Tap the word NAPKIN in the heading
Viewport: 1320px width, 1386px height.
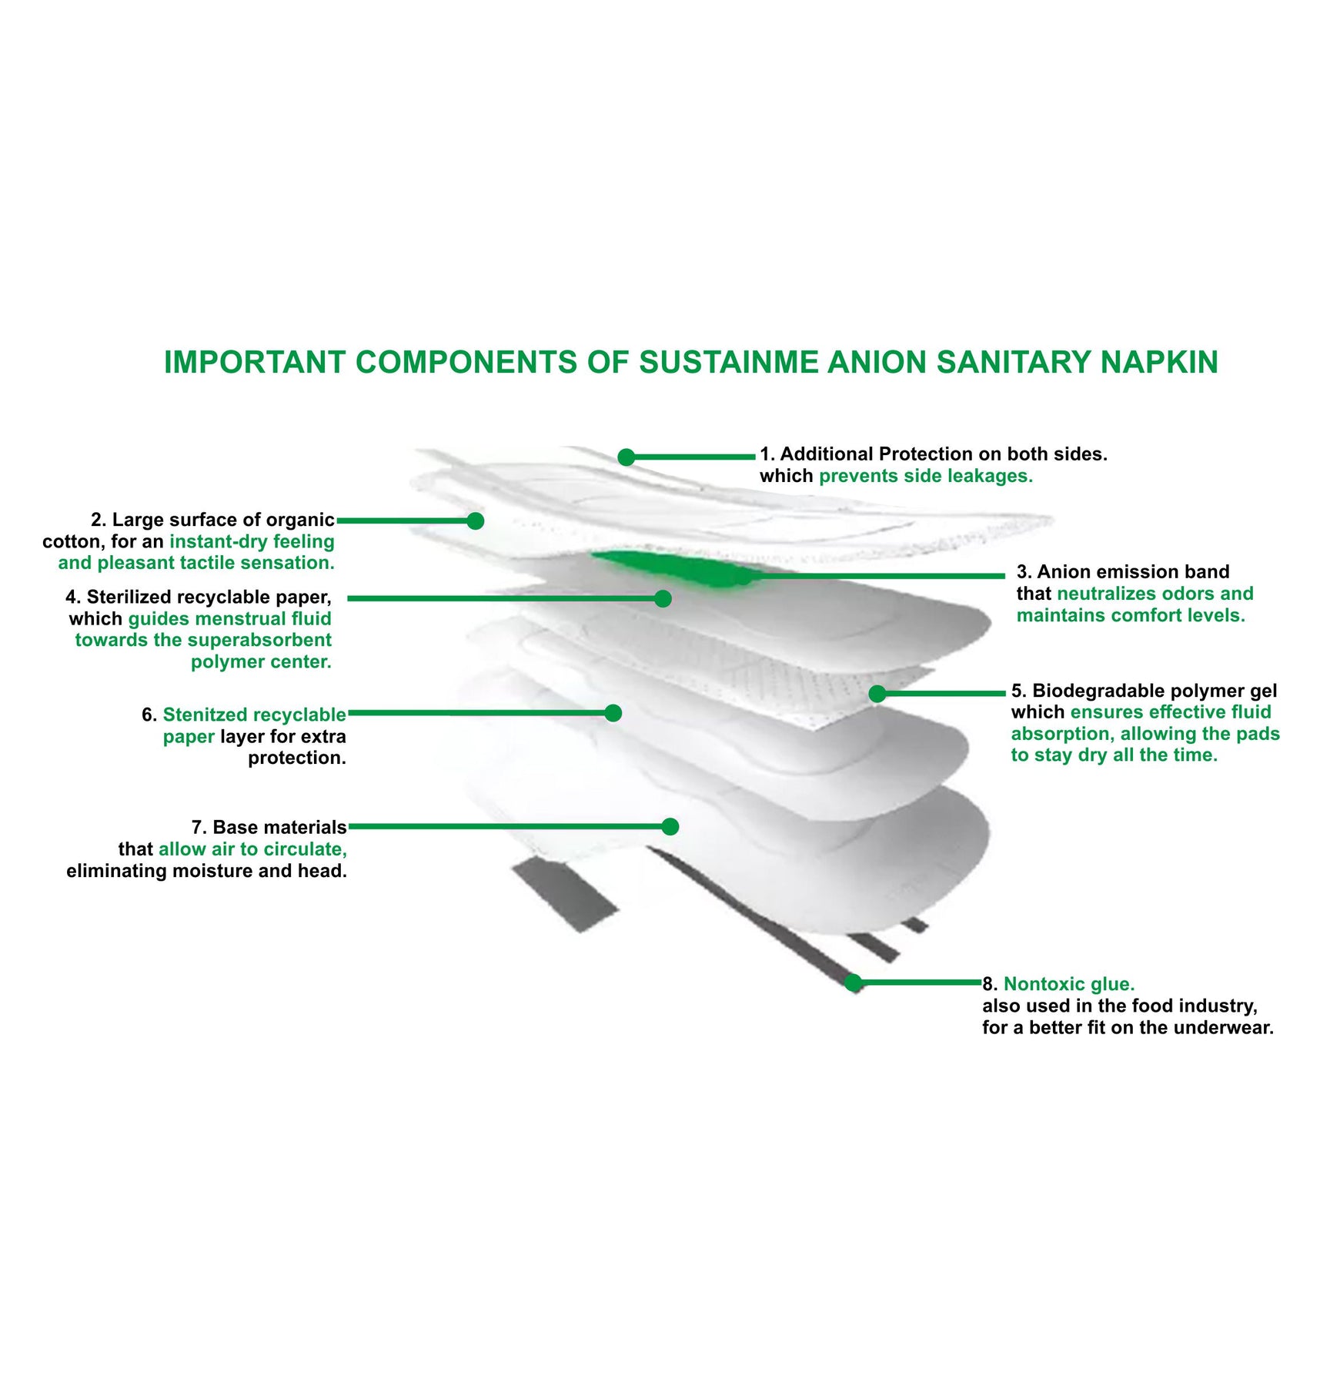[x=1159, y=363]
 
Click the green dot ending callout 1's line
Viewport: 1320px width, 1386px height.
[x=627, y=457]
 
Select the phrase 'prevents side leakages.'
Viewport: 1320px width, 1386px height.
[x=925, y=476]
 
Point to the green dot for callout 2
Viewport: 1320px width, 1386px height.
[x=476, y=521]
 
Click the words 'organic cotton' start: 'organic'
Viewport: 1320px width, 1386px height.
[x=300, y=520]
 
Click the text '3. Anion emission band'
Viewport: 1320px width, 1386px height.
[x=1122, y=571]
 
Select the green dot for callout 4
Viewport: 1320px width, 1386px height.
[x=663, y=598]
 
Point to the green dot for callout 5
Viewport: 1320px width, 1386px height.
[x=877, y=694]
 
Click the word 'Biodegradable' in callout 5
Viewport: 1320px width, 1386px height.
[x=1093, y=691]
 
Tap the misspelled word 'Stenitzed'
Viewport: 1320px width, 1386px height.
[x=206, y=715]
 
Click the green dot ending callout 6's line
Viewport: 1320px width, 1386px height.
[x=613, y=713]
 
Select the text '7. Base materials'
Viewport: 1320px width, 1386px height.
[x=269, y=827]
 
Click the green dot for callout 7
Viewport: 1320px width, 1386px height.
[x=670, y=827]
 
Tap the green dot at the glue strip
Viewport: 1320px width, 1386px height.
[x=853, y=983]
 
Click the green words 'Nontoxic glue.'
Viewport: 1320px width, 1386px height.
[x=1068, y=984]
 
